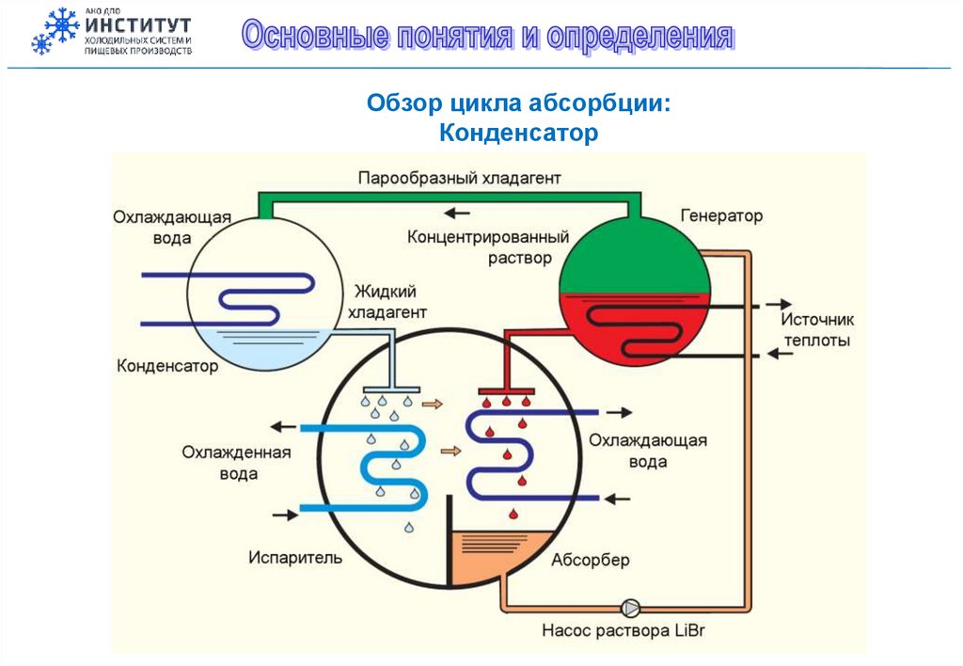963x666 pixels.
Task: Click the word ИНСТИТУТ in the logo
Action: click(x=137, y=24)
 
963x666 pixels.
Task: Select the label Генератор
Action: click(x=721, y=216)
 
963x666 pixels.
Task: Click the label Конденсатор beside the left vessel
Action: click(x=167, y=366)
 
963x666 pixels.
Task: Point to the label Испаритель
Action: click(x=295, y=558)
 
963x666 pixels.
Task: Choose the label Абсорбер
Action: click(x=590, y=561)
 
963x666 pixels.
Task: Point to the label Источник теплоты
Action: click(x=817, y=330)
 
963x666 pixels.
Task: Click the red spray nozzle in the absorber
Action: click(x=507, y=389)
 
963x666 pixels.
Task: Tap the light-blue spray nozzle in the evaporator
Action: click(x=390, y=388)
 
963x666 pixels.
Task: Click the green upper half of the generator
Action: click(x=634, y=259)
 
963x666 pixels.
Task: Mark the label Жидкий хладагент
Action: click(x=387, y=302)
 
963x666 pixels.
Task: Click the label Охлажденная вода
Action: click(x=237, y=463)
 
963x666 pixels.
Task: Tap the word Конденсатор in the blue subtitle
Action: click(x=518, y=134)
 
